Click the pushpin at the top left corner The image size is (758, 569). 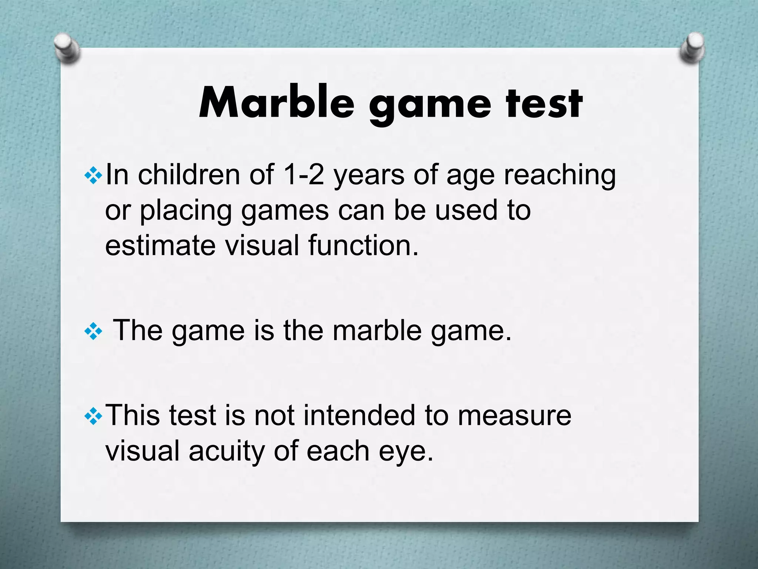[67, 48]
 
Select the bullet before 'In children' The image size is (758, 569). [93, 175]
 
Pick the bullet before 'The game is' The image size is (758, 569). [93, 331]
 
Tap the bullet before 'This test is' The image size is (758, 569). [93, 416]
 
